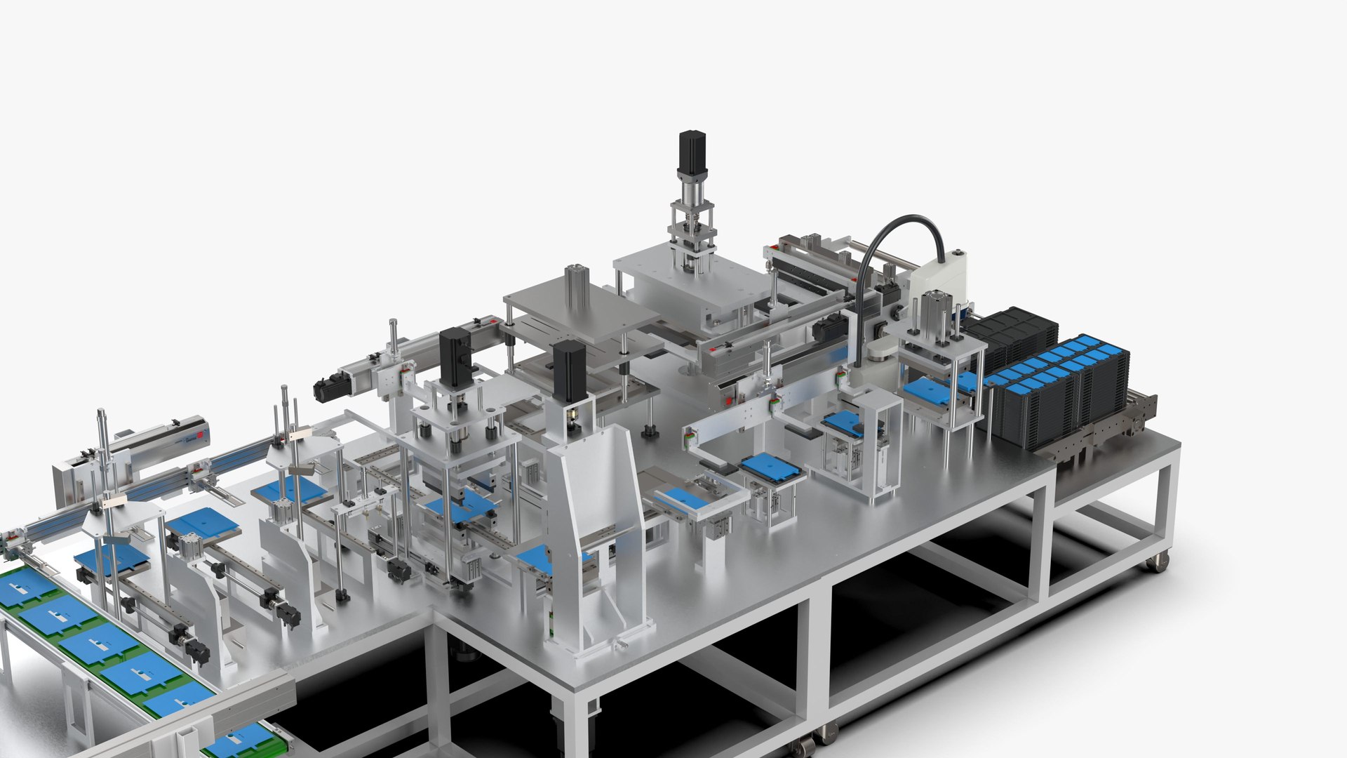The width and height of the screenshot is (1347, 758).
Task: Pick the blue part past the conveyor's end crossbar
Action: point(239,740)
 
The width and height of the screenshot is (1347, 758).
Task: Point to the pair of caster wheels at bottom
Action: point(814,740)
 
